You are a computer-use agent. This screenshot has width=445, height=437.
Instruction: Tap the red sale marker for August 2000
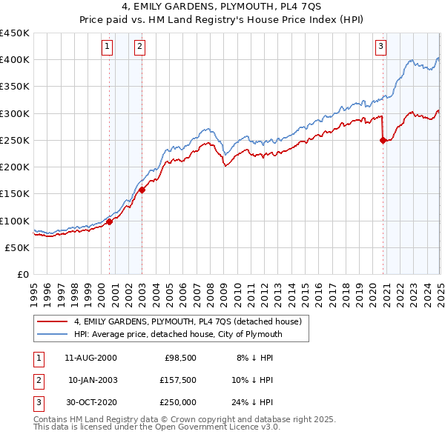109,221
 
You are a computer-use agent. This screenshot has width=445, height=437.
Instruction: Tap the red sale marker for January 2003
142,189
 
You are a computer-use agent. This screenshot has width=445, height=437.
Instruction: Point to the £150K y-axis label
15,194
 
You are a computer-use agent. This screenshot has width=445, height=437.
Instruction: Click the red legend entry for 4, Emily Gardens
187,322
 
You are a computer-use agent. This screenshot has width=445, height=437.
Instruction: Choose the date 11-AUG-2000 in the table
90,357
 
